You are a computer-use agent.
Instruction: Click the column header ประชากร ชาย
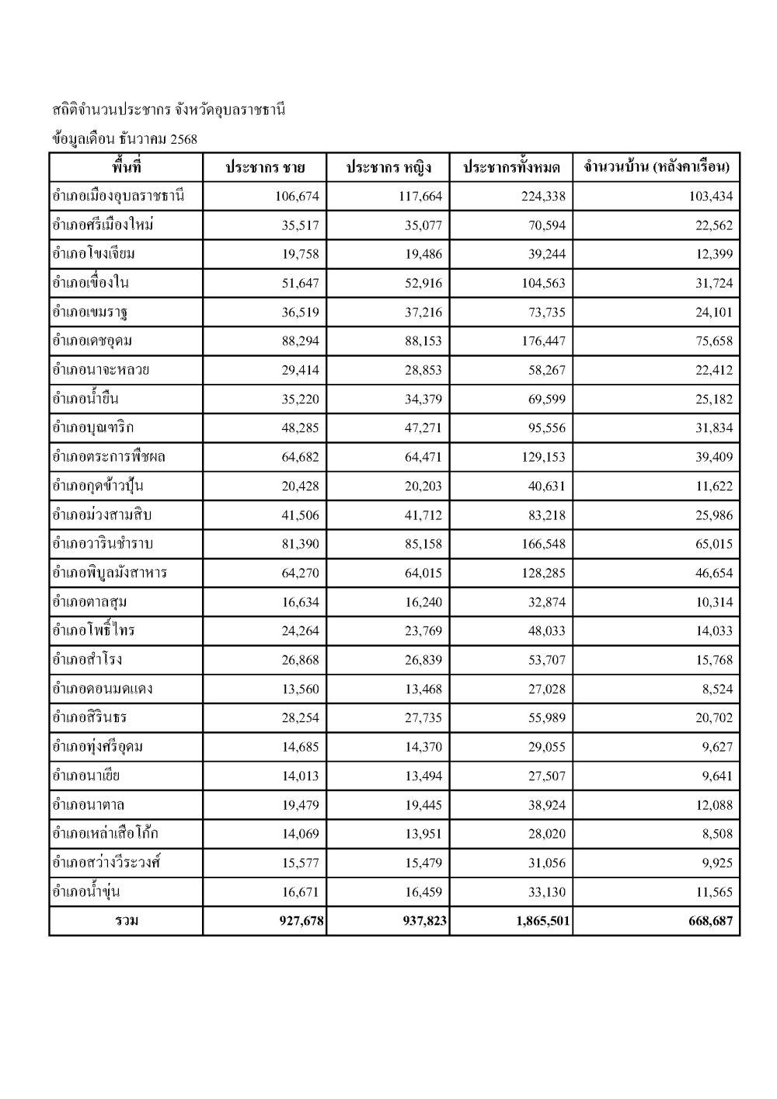[x=264, y=168]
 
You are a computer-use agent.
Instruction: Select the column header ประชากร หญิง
[x=388, y=168]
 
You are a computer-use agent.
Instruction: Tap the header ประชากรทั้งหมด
[x=511, y=168]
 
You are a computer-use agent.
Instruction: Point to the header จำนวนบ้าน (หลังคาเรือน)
[x=657, y=168]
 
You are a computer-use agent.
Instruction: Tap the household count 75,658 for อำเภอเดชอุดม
[x=713, y=341]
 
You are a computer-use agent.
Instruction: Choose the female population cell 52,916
[x=423, y=284]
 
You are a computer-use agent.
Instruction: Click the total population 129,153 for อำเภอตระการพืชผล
[x=544, y=457]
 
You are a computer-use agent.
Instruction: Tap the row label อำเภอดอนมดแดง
[x=103, y=689]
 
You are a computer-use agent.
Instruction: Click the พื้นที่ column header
[x=126, y=167]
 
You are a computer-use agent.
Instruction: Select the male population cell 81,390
[x=300, y=544]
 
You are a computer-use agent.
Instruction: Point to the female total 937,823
[x=425, y=922]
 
